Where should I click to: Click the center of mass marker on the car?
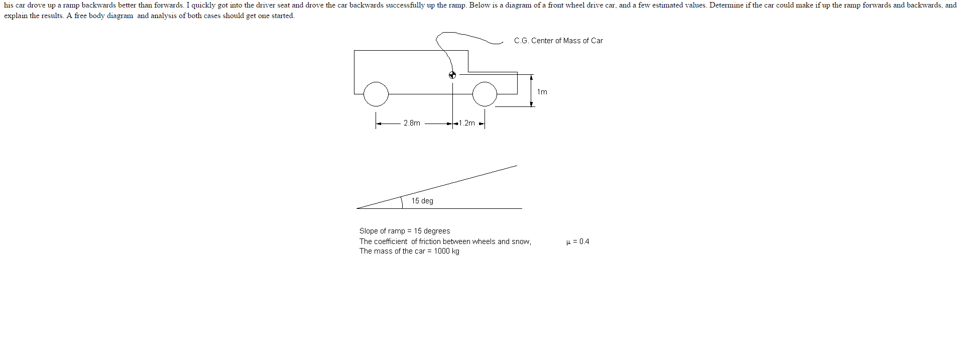point(452,75)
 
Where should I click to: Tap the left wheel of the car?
point(376,94)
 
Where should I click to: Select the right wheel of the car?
point(485,94)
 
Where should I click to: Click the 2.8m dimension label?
point(412,123)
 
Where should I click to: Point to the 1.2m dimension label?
point(467,123)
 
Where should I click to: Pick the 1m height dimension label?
point(542,92)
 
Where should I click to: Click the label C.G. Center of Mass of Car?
point(558,41)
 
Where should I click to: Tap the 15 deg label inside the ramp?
point(422,201)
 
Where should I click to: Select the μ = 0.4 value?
point(578,242)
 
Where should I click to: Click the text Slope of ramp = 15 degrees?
point(405,231)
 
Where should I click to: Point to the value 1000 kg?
point(447,251)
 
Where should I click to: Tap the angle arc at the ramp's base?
point(402,201)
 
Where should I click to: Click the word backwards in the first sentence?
point(98,5)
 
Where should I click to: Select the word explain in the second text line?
point(16,16)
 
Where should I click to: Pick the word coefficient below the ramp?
point(391,242)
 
